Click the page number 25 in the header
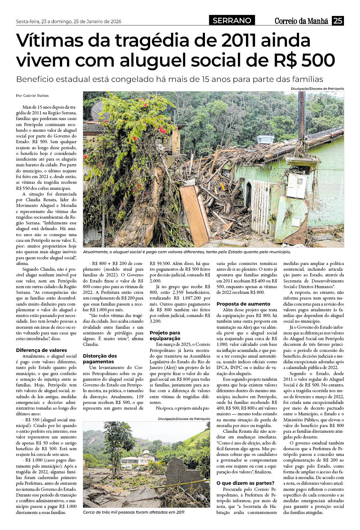[338, 21]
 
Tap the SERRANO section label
[232, 21]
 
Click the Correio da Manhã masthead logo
[301, 21]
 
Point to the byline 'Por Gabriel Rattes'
[32, 95]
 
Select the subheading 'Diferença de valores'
[41, 350]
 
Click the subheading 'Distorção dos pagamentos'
[100, 359]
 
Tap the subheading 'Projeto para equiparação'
[165, 336]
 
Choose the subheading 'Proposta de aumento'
[243, 304]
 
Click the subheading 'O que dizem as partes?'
[246, 483]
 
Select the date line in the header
[68, 21]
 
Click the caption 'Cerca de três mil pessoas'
[134, 512]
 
